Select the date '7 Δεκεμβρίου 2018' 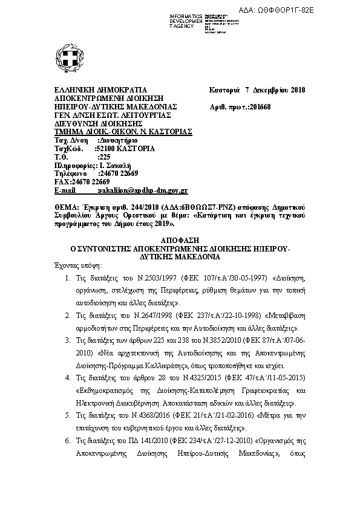tap(275, 91)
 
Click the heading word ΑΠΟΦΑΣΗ tap(179, 240)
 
